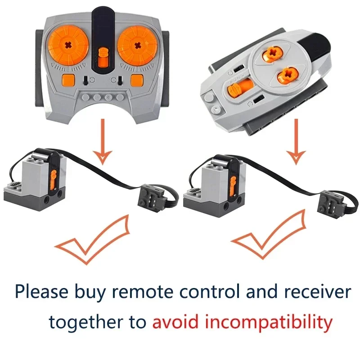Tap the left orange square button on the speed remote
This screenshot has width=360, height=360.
pyautogui.click(x=69, y=81)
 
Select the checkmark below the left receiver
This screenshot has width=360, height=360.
pyautogui.click(x=93, y=240)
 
